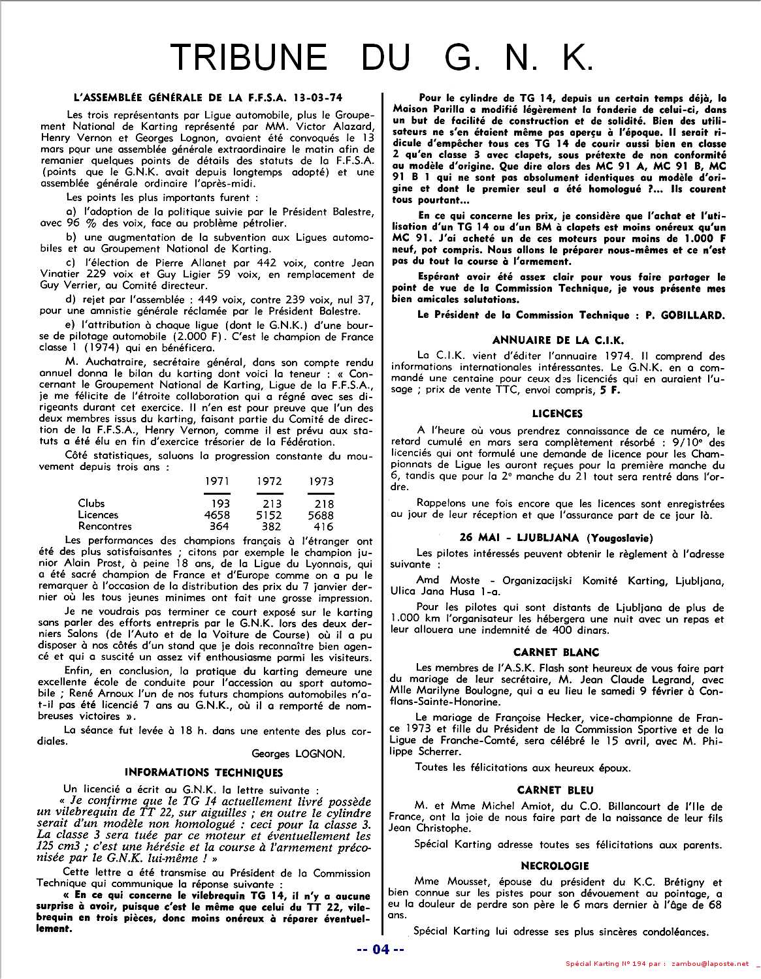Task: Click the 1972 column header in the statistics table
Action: point(268,481)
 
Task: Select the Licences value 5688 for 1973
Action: point(321,515)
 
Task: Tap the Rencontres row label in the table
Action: point(105,526)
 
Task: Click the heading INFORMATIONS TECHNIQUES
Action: point(203,772)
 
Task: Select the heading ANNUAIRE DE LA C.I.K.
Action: point(558,340)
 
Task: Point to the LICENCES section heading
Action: point(557,413)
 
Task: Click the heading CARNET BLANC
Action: point(556,652)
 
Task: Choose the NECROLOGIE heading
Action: point(555,866)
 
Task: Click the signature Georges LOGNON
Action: point(299,753)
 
